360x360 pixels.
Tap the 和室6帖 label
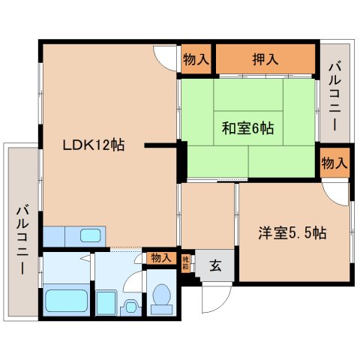[x=246, y=128]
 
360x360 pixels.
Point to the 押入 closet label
[x=265, y=58]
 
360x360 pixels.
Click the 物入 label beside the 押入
[x=196, y=59]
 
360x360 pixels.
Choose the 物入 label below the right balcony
[x=334, y=162]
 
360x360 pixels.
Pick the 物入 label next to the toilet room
[x=161, y=257]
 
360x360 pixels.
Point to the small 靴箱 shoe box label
[x=186, y=262]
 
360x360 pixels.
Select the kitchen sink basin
[x=91, y=235]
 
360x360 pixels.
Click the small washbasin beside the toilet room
[x=129, y=306]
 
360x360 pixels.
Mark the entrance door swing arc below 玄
[x=211, y=298]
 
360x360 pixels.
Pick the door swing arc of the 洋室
[x=340, y=193]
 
